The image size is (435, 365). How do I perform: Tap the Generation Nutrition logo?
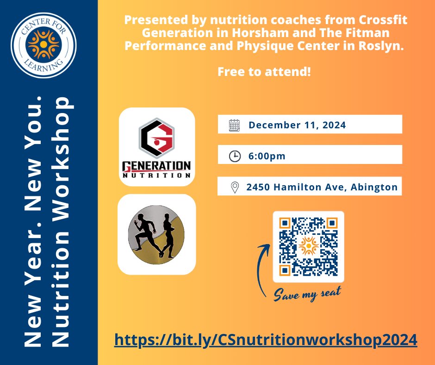click(156, 147)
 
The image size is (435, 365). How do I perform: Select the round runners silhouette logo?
click(156, 234)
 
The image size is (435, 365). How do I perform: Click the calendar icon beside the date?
click(235, 125)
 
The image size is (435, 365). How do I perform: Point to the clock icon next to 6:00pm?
click(235, 156)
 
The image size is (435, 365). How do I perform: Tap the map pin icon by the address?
click(235, 187)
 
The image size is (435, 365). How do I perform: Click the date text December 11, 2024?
click(297, 125)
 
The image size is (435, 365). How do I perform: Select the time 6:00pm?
click(267, 156)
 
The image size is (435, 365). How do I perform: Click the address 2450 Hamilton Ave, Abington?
click(322, 187)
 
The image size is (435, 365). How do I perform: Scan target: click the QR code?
click(308, 246)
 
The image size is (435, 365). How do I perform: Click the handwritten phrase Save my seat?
click(307, 293)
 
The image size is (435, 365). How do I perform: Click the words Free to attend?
click(264, 73)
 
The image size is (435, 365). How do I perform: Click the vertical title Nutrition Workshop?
click(62, 222)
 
